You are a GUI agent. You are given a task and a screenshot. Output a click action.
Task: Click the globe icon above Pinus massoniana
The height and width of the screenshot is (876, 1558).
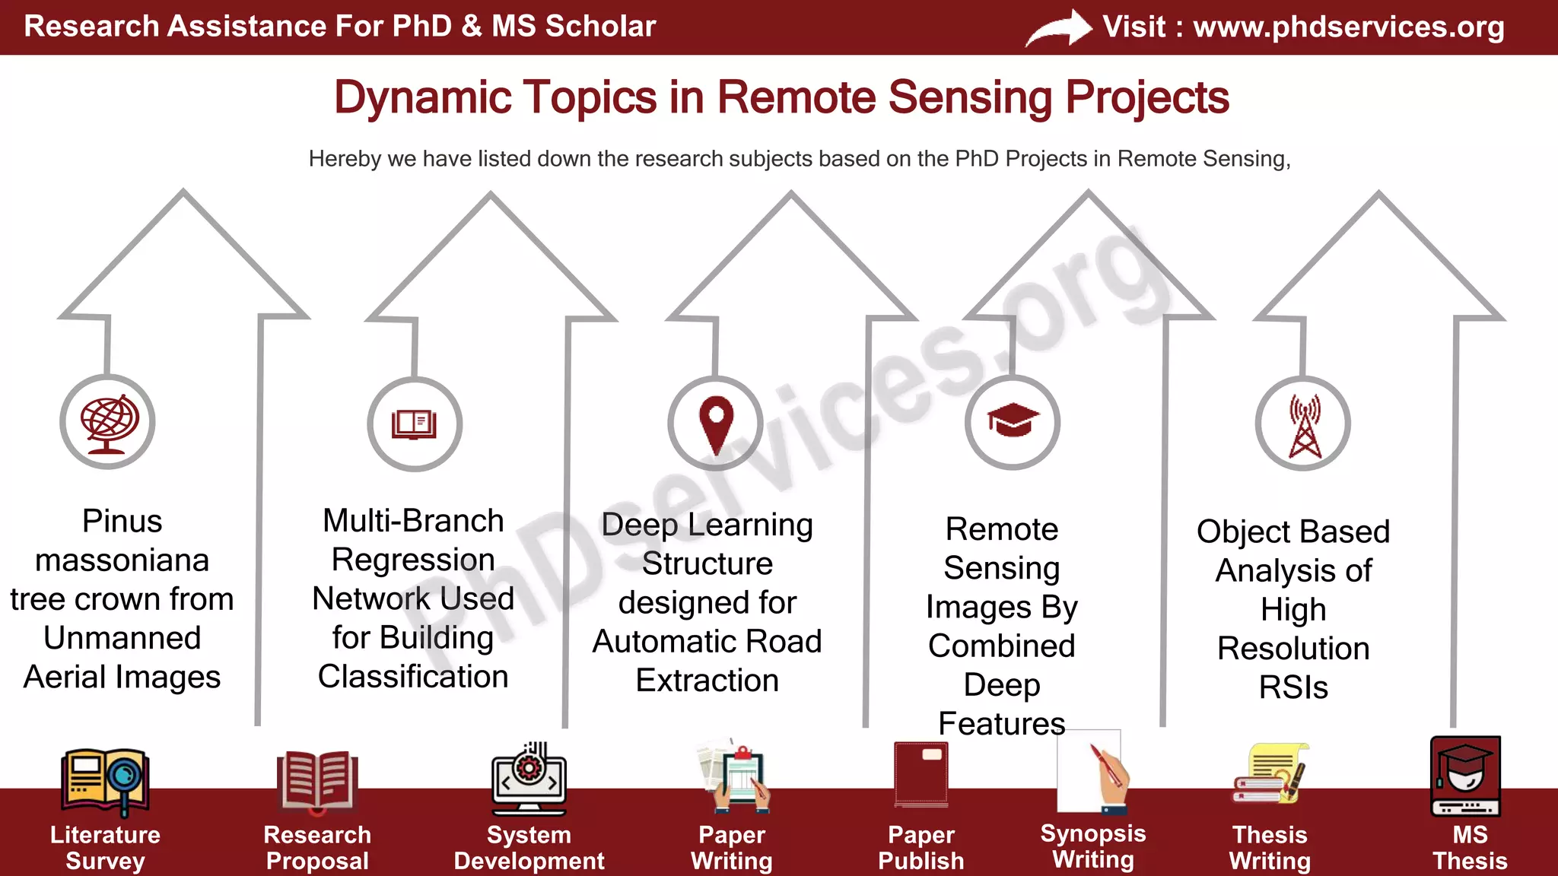(108, 423)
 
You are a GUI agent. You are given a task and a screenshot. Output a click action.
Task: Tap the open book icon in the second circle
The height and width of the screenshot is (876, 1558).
(415, 424)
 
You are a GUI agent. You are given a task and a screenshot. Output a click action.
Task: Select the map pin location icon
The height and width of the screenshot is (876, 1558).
(716, 424)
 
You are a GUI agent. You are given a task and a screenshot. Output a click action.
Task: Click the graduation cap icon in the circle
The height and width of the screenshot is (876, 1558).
(1013, 421)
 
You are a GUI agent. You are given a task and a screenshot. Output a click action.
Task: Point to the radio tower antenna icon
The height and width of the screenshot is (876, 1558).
(1304, 425)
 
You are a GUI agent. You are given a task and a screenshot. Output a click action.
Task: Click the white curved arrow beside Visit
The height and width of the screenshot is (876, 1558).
(1059, 29)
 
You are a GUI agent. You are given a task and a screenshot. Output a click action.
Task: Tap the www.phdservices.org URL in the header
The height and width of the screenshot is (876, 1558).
(1348, 27)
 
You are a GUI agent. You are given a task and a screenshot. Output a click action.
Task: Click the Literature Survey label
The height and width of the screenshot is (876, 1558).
(105, 847)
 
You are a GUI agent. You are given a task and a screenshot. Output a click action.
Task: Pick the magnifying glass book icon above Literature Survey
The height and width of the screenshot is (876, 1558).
(105, 779)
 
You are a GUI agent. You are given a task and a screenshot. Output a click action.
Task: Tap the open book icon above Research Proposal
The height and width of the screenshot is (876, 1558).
(317, 779)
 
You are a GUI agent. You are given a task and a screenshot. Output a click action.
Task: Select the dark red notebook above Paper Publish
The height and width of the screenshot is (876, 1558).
(921, 774)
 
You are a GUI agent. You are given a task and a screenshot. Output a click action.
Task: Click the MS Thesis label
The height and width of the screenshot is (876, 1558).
(1469, 847)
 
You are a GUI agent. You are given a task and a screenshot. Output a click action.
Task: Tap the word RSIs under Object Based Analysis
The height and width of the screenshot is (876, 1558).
(1293, 687)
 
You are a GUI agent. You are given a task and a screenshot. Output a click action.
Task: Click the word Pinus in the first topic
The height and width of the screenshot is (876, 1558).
(122, 522)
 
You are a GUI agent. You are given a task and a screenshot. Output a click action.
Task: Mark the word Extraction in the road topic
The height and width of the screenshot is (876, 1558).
(707, 681)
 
